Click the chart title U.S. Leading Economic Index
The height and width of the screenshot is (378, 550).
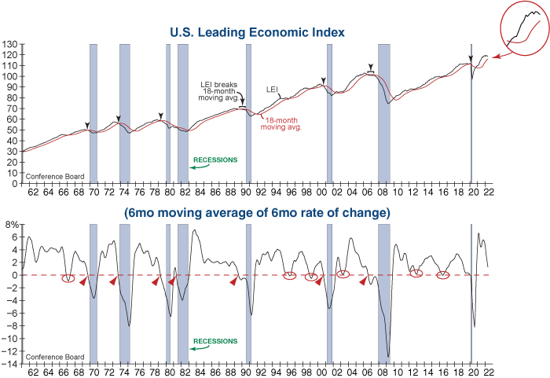258,32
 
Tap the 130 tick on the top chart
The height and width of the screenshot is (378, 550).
9,44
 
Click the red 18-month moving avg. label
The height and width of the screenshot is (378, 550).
284,122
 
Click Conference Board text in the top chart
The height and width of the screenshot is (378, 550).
49,176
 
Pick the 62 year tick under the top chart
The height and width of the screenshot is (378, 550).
32,190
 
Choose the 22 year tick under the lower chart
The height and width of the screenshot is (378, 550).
489,371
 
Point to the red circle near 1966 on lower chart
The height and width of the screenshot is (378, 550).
68,279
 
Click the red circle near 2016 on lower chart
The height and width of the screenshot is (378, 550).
442,275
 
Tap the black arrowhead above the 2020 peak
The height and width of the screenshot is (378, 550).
471,58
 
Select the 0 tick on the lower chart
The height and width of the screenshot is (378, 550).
14,275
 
